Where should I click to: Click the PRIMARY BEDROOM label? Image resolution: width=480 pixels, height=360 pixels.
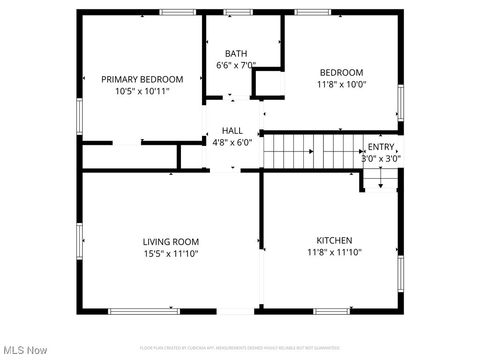tap(142, 79)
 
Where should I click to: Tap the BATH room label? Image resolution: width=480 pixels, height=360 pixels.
tap(236, 54)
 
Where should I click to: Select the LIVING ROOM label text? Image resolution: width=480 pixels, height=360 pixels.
tap(170, 241)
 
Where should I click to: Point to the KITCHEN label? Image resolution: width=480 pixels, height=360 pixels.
tap(334, 241)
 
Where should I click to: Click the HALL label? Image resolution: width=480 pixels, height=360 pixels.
tap(232, 130)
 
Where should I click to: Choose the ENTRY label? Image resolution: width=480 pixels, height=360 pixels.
tap(380, 147)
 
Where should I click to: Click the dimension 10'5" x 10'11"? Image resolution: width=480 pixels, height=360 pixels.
tap(141, 91)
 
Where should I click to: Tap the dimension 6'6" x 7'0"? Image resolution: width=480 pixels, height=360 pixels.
tap(236, 66)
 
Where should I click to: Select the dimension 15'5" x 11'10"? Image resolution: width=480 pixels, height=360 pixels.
tap(170, 253)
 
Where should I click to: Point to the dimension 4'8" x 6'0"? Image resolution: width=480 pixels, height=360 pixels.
tap(232, 142)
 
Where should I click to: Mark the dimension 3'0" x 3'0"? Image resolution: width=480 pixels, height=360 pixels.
tap(380, 158)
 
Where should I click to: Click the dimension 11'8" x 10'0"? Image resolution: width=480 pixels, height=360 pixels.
tap(341, 85)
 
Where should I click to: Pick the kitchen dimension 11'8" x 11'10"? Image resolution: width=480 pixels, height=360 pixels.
tap(334, 253)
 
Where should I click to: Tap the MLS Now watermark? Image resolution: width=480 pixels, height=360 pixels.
tap(25, 350)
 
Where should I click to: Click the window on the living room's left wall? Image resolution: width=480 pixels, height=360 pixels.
tap(81, 241)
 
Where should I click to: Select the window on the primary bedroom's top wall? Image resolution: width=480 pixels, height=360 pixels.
tap(175, 12)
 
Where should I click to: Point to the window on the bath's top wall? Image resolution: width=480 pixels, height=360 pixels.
tap(238, 12)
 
